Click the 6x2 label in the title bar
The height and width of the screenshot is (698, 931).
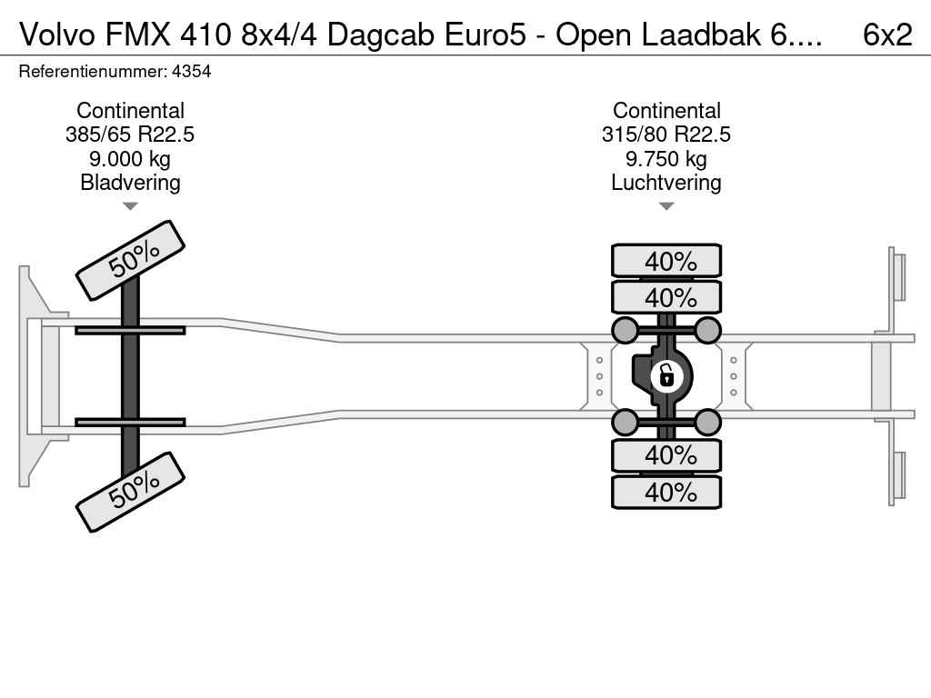pos(887,34)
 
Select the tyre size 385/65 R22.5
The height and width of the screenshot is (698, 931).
pos(130,135)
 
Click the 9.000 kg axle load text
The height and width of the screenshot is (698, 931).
pos(130,159)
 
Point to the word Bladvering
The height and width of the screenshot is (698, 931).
pos(130,183)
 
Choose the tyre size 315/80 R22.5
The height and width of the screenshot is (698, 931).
pos(666,135)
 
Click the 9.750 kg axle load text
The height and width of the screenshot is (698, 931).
pos(666,159)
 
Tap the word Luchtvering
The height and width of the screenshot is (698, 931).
pos(666,183)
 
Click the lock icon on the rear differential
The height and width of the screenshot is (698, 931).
pos(666,374)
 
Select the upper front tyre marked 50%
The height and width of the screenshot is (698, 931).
pos(130,260)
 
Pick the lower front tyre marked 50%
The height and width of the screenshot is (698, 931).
pos(130,491)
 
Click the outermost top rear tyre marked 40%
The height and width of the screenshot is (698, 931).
pos(666,261)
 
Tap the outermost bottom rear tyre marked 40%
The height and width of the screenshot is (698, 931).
pos(666,493)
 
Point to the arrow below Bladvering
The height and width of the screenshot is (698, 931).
pos(130,206)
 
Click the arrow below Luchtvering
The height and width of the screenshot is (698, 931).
pos(666,206)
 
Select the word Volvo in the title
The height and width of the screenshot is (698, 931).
pos(52,34)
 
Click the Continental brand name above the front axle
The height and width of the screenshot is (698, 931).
pos(130,111)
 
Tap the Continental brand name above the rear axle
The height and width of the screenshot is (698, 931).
pos(666,111)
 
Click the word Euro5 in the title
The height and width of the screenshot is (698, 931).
pos(495,34)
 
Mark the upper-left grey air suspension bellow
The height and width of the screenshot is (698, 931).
pos(626,329)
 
